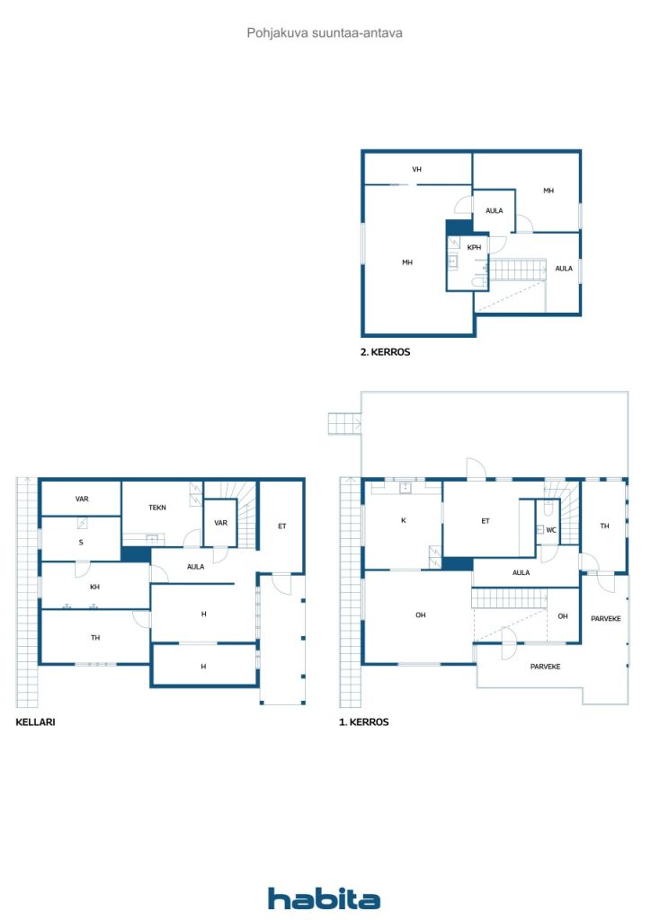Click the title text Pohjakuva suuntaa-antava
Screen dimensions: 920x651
click(325, 32)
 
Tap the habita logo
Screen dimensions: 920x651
click(324, 898)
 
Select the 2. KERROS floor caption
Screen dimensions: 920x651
click(385, 353)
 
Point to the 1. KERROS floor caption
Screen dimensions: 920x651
click(363, 721)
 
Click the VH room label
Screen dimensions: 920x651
click(416, 169)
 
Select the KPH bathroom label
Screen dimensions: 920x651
click(474, 247)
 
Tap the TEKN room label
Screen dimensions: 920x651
click(157, 508)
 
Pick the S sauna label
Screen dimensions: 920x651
click(80, 543)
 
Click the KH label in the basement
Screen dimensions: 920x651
click(94, 587)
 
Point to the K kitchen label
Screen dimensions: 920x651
click(402, 520)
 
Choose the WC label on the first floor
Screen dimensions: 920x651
click(551, 530)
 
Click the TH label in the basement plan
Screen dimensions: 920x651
click(94, 638)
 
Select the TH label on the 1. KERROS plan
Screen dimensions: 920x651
click(604, 526)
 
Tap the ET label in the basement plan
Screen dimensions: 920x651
click(281, 526)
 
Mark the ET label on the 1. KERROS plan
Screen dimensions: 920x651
click(485, 520)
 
